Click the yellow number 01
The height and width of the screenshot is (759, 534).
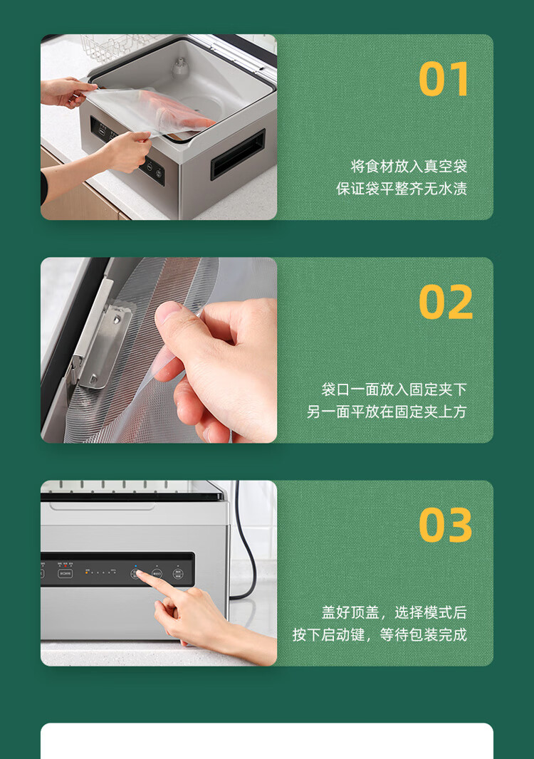pyautogui.click(x=444, y=79)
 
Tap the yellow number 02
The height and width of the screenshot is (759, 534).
pyautogui.click(x=446, y=302)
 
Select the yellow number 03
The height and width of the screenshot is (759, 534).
pyautogui.click(x=446, y=525)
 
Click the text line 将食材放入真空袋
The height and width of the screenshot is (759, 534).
pyautogui.click(x=409, y=167)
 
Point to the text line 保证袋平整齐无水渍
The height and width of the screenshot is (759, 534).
pyautogui.click(x=402, y=189)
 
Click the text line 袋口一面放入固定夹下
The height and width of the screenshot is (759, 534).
pyautogui.click(x=394, y=389)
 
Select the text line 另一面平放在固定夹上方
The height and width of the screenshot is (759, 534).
pyautogui.click(x=387, y=412)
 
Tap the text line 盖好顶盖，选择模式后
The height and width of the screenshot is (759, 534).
pyautogui.click(x=394, y=613)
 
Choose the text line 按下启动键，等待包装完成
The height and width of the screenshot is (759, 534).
pyautogui.click(x=379, y=635)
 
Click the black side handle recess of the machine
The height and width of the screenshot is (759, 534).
pyautogui.click(x=238, y=154)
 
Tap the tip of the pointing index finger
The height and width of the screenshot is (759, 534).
pyautogui.click(x=138, y=573)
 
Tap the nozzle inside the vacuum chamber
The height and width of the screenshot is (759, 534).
pyautogui.click(x=179, y=68)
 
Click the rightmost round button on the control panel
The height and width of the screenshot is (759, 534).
pyautogui.click(x=178, y=574)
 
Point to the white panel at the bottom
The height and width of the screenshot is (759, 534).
pyautogui.click(x=267, y=740)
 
